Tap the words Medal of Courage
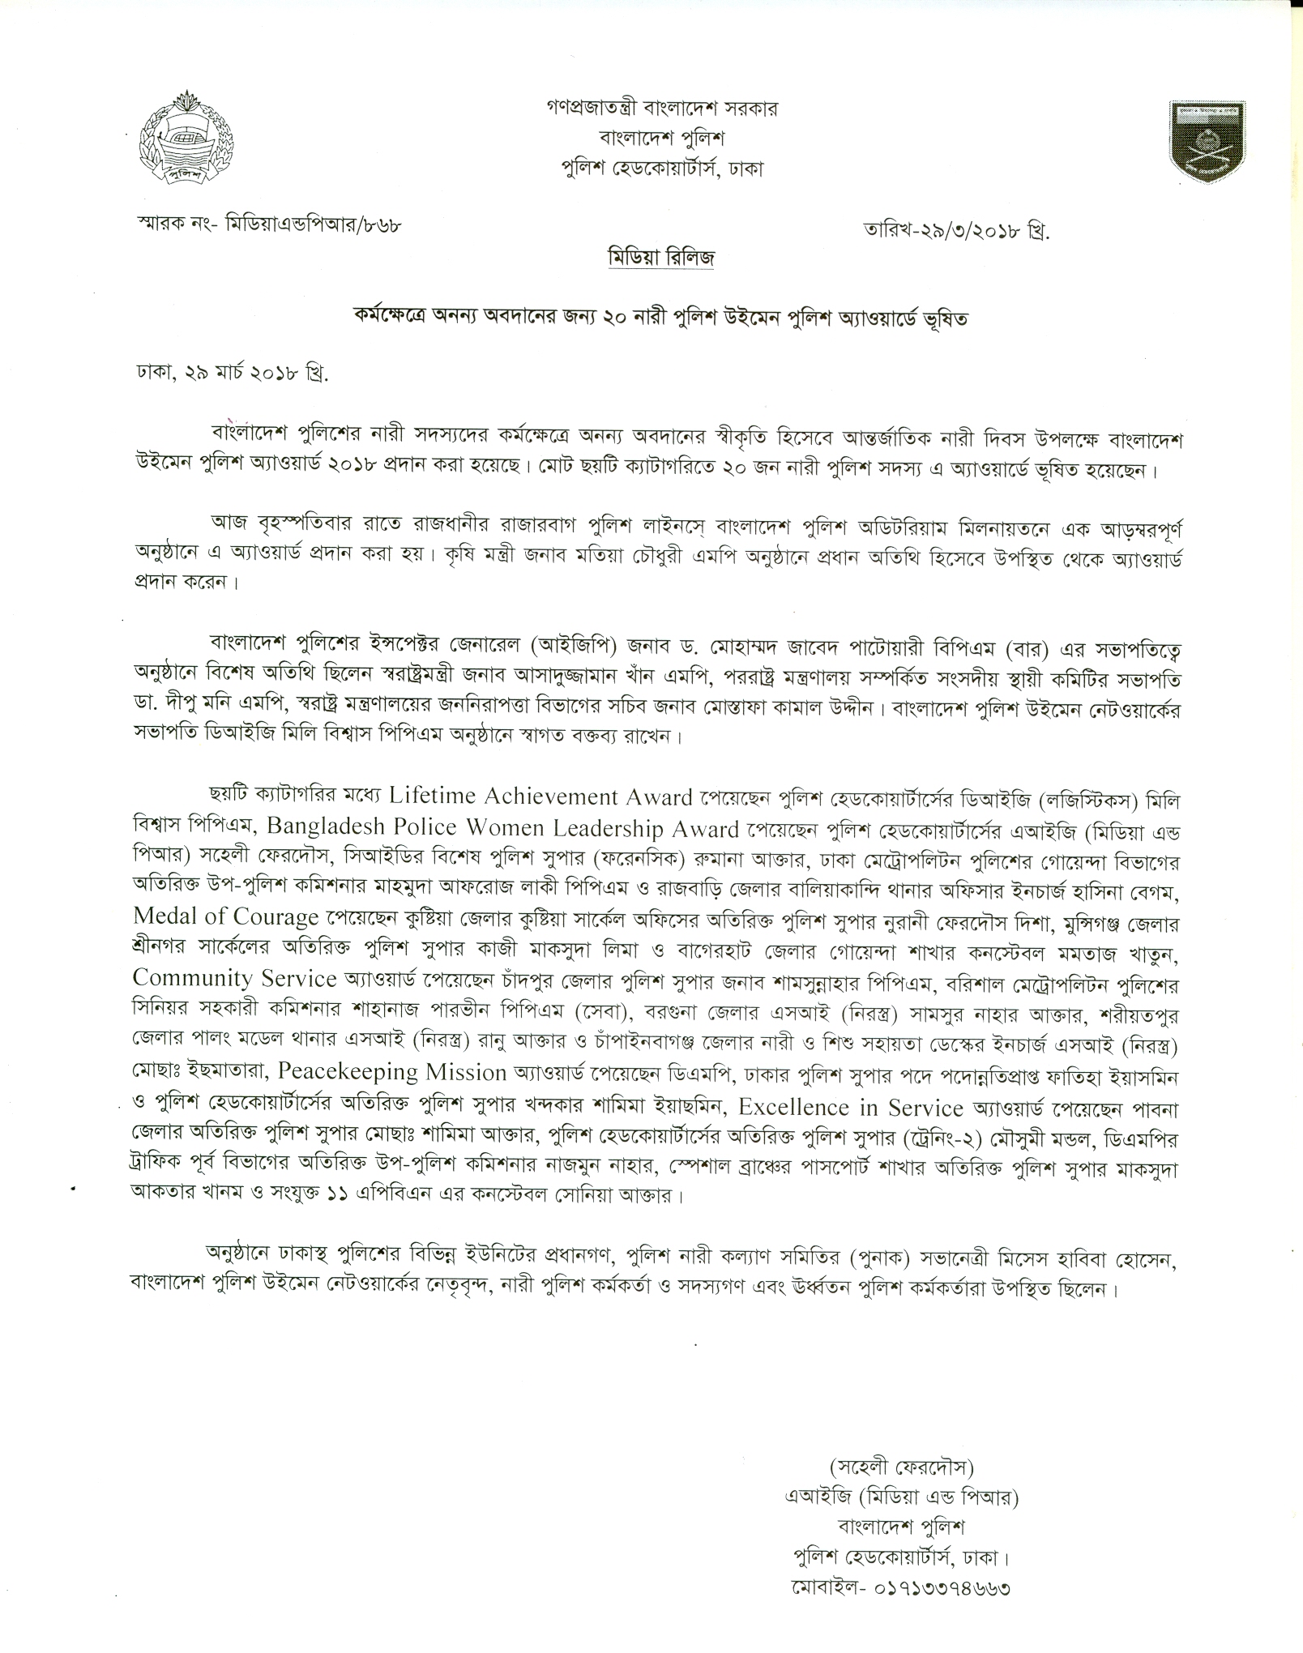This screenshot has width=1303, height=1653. [x=225, y=917]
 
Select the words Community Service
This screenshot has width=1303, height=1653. [x=235, y=978]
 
